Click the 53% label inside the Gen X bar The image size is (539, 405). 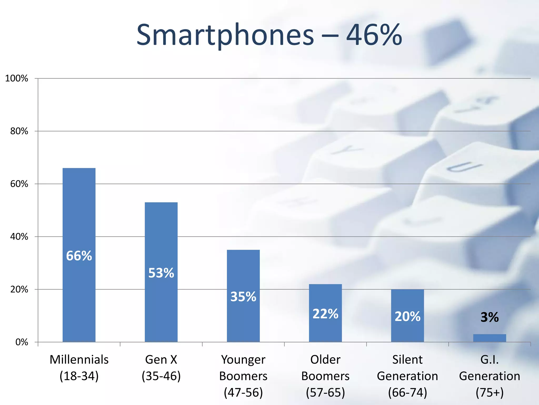(161, 273)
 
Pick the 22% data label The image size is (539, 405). (325, 314)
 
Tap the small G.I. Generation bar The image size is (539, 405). (490, 338)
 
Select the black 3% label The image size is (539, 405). (490, 317)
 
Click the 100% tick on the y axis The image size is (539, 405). (17, 78)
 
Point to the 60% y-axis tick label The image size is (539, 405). (19, 184)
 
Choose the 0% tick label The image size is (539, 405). (22, 342)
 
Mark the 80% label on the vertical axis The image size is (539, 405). (19, 131)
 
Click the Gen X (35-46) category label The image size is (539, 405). (161, 368)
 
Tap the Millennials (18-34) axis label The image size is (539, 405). (79, 368)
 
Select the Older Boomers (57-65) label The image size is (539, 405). (325, 376)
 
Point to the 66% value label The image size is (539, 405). (79, 256)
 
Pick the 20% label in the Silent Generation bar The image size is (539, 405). (407, 316)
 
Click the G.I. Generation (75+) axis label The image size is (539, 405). (490, 376)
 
